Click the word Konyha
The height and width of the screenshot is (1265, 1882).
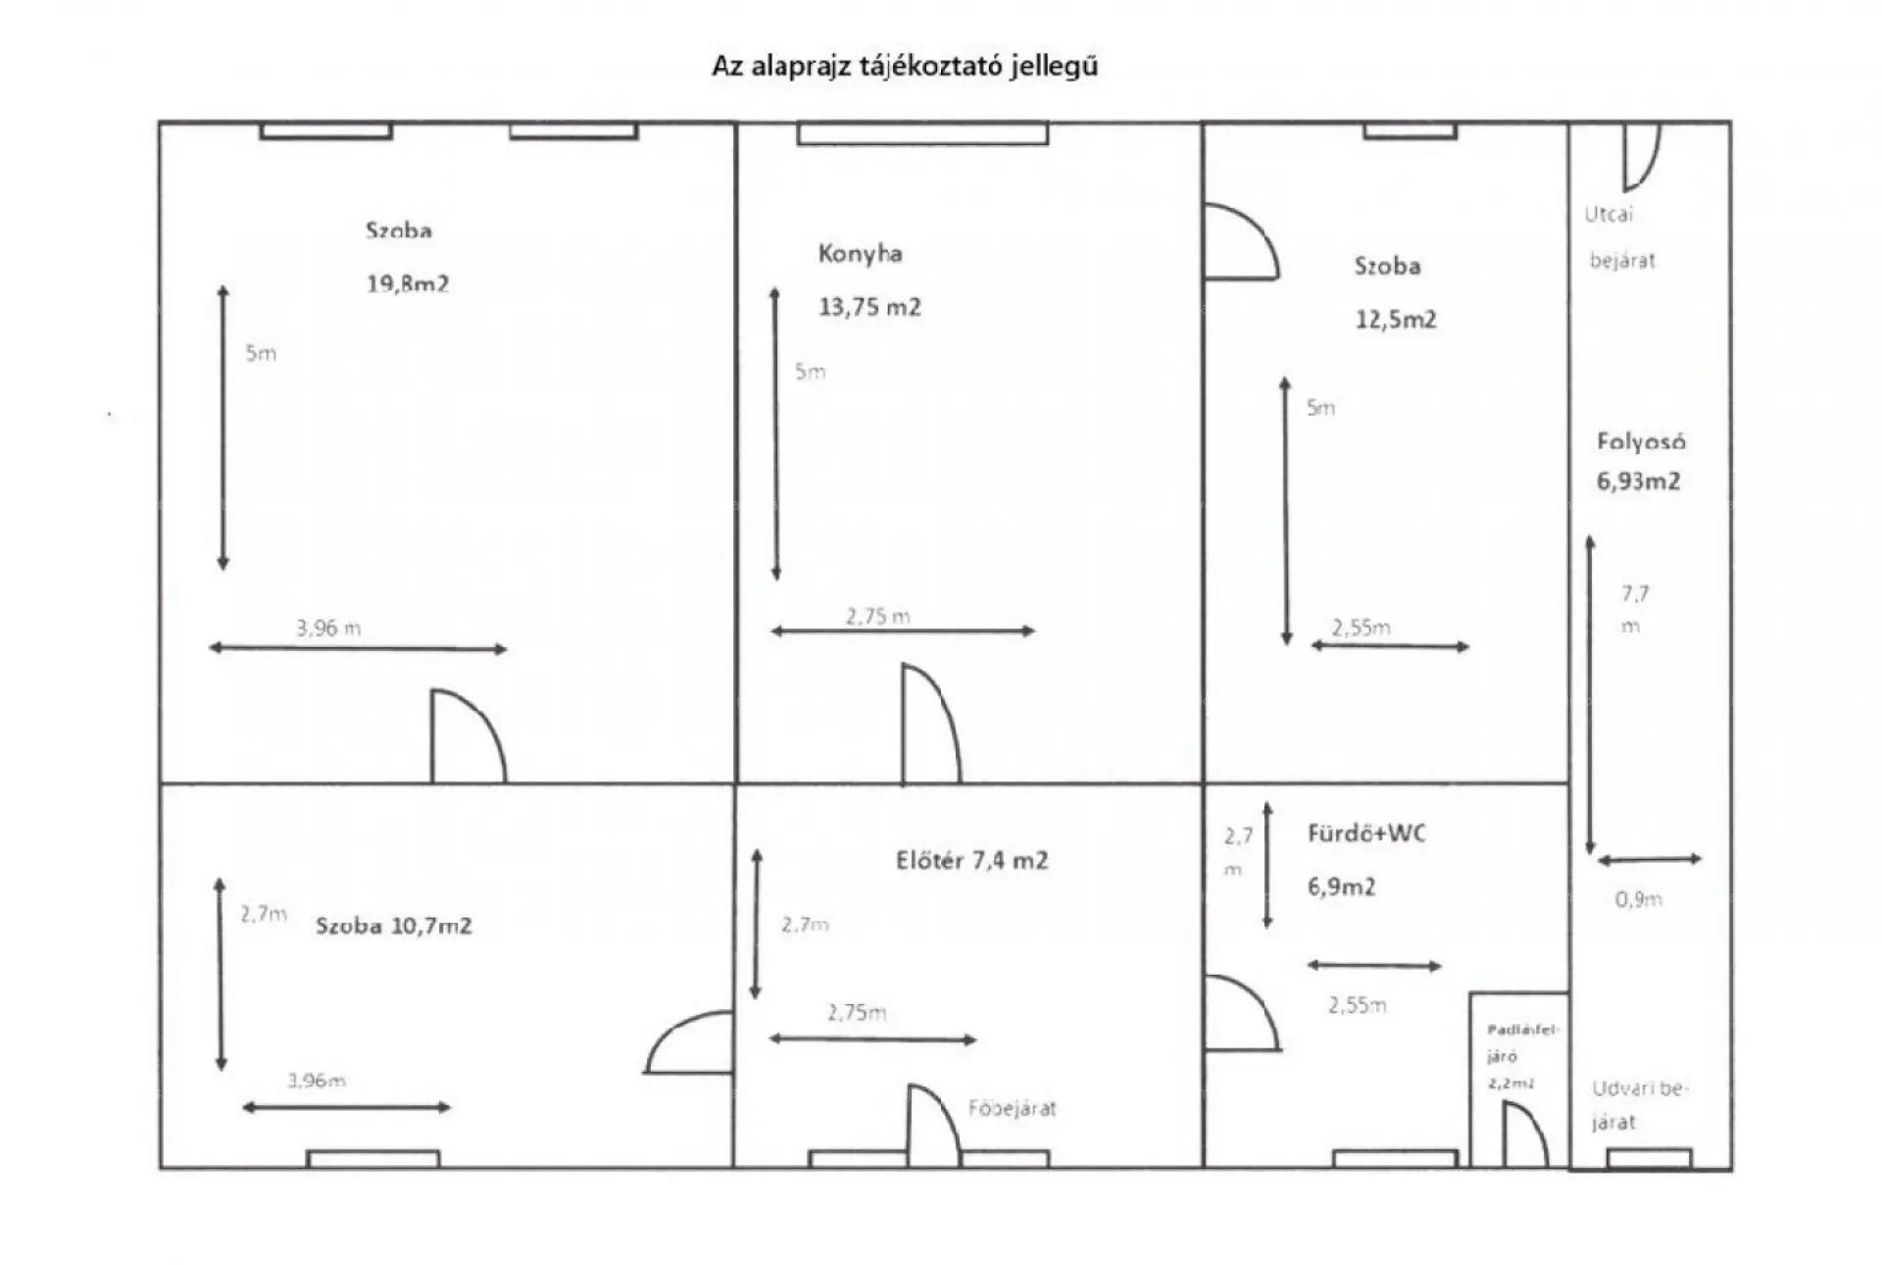[860, 254]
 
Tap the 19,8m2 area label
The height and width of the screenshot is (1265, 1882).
[407, 284]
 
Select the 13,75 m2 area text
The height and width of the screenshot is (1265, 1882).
[869, 308]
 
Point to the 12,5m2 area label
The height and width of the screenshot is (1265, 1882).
[1395, 320]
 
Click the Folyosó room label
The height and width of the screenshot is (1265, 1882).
[1641, 442]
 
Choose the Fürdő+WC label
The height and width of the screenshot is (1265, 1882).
[1366, 834]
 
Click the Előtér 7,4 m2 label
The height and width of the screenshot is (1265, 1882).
[971, 861]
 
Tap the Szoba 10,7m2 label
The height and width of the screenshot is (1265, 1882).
[393, 927]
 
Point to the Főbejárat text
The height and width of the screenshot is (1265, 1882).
[1012, 1109]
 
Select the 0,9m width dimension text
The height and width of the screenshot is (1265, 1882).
[1638, 899]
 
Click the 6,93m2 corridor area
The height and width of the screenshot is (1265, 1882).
[1638, 481]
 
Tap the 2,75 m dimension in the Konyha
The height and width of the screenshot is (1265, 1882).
[877, 617]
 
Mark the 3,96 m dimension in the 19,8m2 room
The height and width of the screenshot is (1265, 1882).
[328, 629]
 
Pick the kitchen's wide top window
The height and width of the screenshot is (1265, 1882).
[922, 133]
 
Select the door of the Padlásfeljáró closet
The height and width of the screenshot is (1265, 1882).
[1524, 1136]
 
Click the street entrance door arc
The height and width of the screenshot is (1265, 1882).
[1641, 157]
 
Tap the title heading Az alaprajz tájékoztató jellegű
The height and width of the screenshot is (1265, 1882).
[905, 67]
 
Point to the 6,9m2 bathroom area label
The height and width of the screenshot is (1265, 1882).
[1341, 887]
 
